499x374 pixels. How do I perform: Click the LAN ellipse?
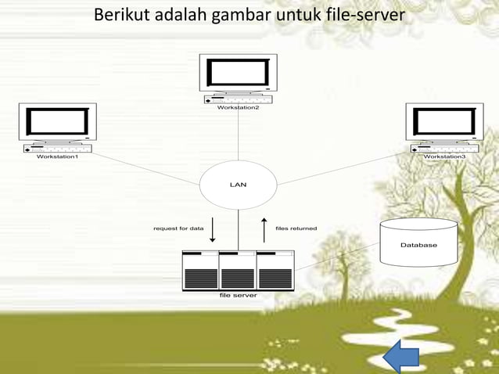tap(238, 185)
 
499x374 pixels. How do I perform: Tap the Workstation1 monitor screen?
tap(58, 122)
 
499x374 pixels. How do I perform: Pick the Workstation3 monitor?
tap(444, 122)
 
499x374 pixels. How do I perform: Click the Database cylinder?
tap(418, 244)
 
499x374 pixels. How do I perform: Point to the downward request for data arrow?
tap(213, 229)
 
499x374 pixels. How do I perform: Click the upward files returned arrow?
tap(264, 229)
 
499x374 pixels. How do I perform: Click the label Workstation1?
tap(58, 156)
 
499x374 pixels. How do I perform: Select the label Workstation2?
tap(238, 107)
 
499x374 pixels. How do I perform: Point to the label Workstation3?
tap(444, 156)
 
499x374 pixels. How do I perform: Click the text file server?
tap(238, 296)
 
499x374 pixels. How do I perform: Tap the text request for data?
tap(178, 228)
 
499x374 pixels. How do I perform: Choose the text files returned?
tap(296, 228)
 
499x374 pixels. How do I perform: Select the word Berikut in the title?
tap(120, 15)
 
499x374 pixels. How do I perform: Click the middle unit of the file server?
tap(238, 271)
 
